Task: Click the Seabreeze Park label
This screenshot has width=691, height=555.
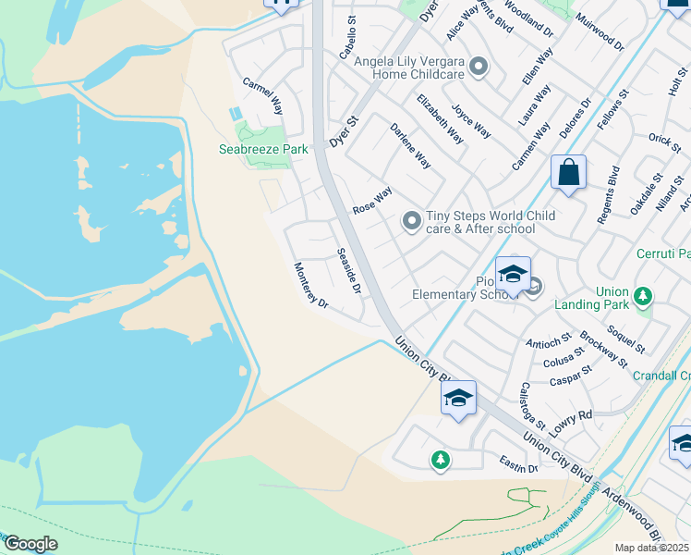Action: click(x=263, y=149)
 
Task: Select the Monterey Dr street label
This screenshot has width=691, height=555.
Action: click(x=311, y=286)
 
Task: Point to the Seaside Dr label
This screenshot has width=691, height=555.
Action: click(x=347, y=271)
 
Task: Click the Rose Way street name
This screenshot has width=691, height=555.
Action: click(x=372, y=201)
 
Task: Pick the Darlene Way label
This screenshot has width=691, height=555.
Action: click(x=410, y=146)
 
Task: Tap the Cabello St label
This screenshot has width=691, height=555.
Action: click(x=347, y=38)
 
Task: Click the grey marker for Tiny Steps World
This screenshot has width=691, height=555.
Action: click(x=411, y=222)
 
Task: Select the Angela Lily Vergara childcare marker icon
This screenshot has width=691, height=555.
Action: click(x=479, y=66)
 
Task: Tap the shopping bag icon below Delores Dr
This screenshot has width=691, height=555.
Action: click(x=569, y=173)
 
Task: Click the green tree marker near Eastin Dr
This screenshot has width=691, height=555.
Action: click(x=441, y=459)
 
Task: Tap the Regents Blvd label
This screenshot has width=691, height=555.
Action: click(x=607, y=196)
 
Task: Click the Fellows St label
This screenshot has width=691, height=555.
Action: click(x=612, y=108)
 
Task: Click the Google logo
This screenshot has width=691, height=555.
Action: click(x=30, y=544)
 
